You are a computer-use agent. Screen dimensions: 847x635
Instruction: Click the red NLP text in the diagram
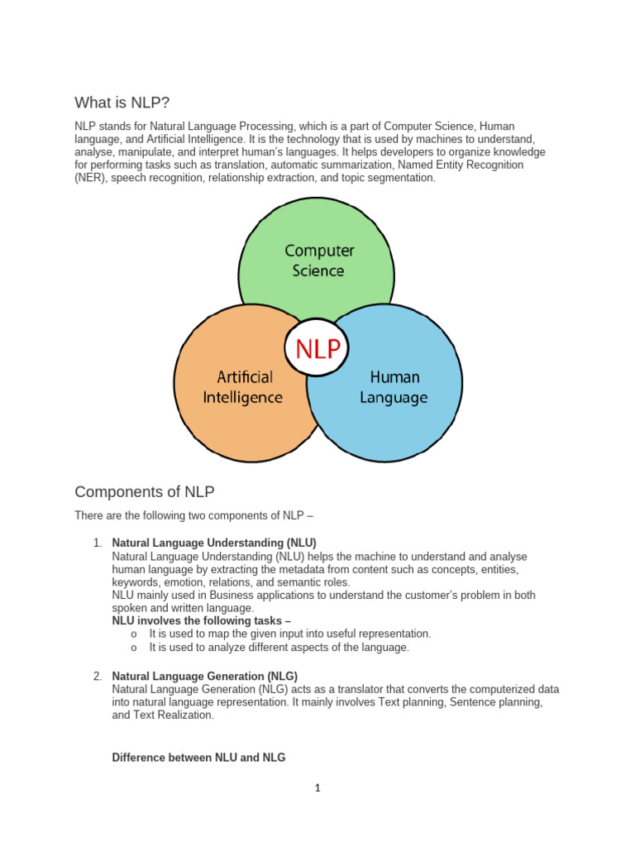pyautogui.click(x=313, y=348)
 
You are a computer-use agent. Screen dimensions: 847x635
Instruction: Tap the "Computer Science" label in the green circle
pyautogui.click(x=319, y=260)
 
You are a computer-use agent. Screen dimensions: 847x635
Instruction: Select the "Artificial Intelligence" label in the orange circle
pyautogui.click(x=243, y=387)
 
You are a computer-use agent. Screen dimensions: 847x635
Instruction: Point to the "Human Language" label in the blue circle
pyautogui.click(x=394, y=387)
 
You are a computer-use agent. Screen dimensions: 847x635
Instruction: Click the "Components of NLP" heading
pyautogui.click(x=145, y=492)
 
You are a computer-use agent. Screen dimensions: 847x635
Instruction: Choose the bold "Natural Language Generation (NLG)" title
pyautogui.click(x=204, y=677)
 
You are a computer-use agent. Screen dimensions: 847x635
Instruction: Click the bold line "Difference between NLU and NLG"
pyautogui.click(x=198, y=757)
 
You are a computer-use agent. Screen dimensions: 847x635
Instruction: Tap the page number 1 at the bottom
pyautogui.click(x=317, y=788)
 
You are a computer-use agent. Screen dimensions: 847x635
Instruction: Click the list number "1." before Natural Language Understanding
pyautogui.click(x=98, y=543)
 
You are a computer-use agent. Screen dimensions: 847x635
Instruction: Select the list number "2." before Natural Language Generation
pyautogui.click(x=98, y=677)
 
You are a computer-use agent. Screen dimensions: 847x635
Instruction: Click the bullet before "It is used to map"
pyautogui.click(x=133, y=634)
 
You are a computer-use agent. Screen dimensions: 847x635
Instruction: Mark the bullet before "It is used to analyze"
pyautogui.click(x=133, y=648)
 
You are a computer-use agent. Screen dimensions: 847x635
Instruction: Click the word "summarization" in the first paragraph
pyautogui.click(x=346, y=165)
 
